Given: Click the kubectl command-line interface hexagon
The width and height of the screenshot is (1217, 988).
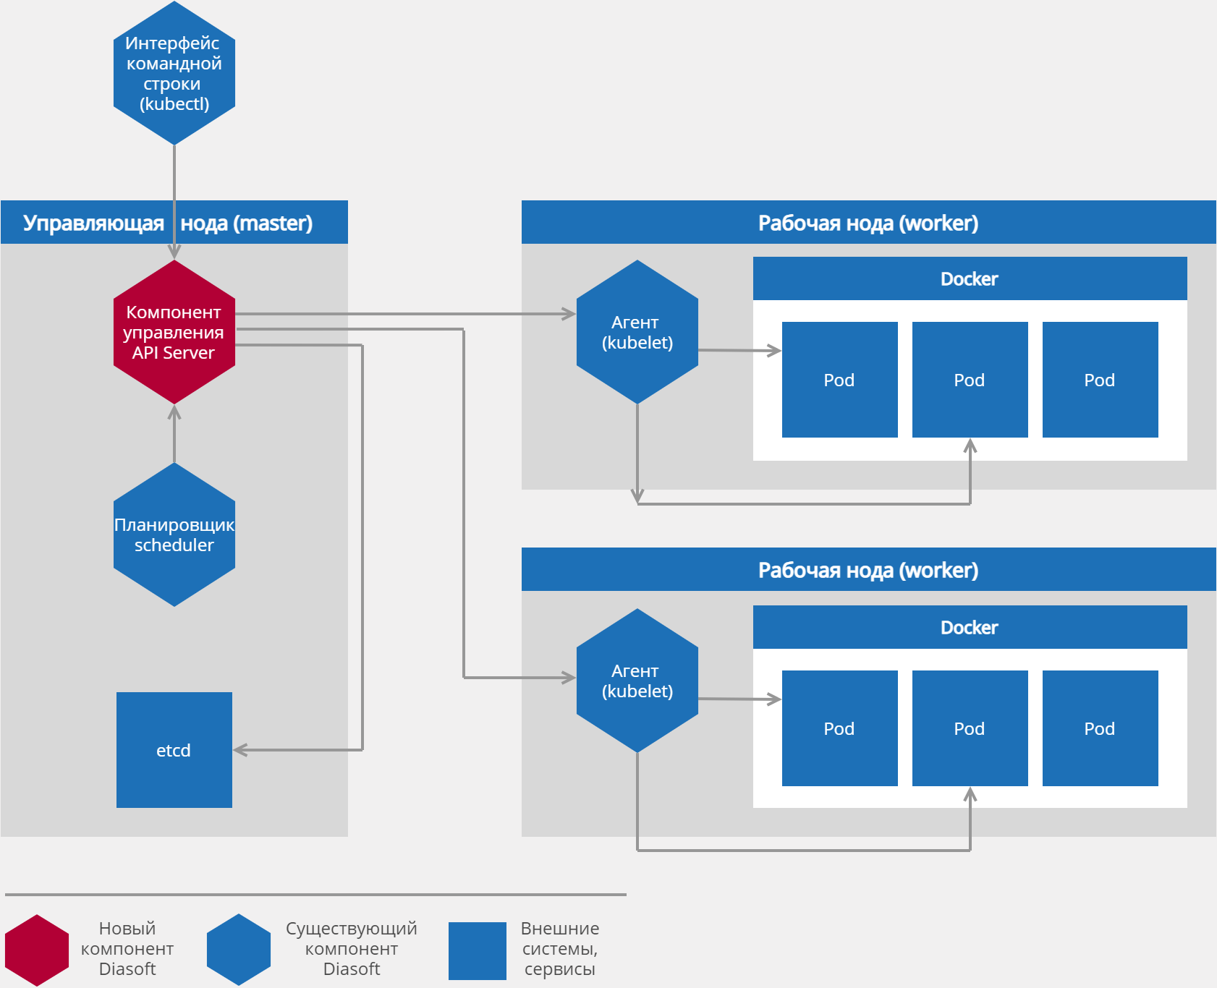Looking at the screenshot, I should pyautogui.click(x=174, y=73).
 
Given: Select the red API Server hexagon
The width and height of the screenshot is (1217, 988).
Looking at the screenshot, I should pyautogui.click(x=174, y=332).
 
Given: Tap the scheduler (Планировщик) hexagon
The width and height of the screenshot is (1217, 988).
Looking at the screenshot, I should pyautogui.click(x=174, y=535).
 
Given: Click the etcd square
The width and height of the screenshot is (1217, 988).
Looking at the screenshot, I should pyautogui.click(x=174, y=750).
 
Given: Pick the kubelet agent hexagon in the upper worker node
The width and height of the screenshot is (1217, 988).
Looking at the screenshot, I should pyautogui.click(x=637, y=332).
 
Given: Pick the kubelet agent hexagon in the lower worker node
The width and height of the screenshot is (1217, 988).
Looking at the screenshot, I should pyautogui.click(x=637, y=681).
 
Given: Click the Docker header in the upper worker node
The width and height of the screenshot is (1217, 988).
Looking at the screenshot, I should pyautogui.click(x=970, y=278).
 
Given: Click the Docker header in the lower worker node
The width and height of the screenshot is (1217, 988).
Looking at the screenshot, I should pyautogui.click(x=970, y=627).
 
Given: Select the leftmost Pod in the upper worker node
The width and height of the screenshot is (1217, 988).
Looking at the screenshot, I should pyautogui.click(x=839, y=380).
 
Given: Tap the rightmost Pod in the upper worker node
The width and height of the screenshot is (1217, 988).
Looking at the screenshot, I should pyautogui.click(x=1100, y=380).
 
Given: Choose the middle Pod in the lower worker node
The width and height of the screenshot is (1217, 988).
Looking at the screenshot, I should pyautogui.click(x=970, y=728).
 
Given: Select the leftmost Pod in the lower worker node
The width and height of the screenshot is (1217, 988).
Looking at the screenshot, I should pyautogui.click(x=839, y=728).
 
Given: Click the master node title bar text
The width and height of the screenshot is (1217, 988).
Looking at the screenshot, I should pyautogui.click(x=168, y=223).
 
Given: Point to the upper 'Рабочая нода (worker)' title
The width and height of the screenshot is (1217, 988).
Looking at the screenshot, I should pyautogui.click(x=868, y=223).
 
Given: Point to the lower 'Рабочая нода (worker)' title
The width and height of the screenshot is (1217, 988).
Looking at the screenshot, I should pyautogui.click(x=868, y=570).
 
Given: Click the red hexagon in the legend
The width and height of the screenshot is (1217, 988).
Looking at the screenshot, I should pyautogui.click(x=37, y=950).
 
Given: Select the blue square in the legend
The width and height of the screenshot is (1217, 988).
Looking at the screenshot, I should pyautogui.click(x=477, y=950).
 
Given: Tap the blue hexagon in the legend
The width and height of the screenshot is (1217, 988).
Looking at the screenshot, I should pyautogui.click(x=238, y=950).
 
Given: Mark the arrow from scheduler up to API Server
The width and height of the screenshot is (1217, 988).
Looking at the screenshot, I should pyautogui.click(x=174, y=434).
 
